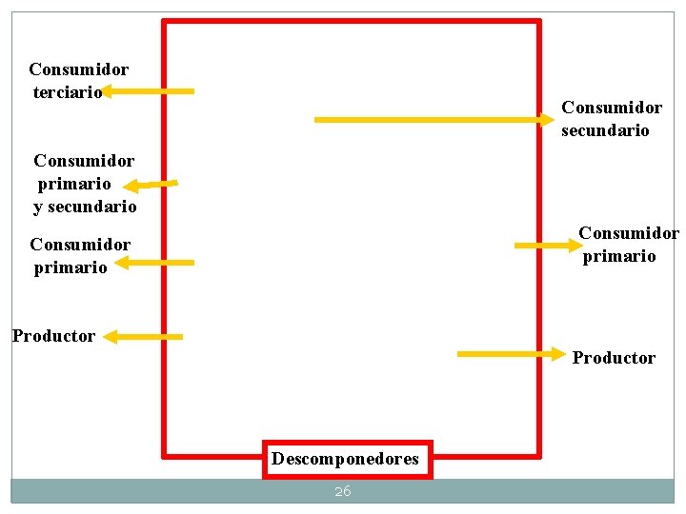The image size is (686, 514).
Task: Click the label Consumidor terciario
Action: (x=78, y=81)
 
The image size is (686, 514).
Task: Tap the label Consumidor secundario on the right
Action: (x=611, y=119)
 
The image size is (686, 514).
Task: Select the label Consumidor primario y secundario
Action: (x=85, y=184)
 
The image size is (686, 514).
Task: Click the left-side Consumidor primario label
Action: (x=80, y=256)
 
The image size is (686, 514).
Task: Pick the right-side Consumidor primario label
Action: (x=628, y=245)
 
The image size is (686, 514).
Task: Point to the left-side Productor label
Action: (x=53, y=336)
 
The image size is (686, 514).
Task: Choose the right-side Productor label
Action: (x=614, y=358)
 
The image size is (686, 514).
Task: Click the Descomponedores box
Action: (x=345, y=459)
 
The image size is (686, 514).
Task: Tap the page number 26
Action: (x=343, y=491)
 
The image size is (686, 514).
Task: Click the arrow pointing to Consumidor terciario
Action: (x=148, y=91)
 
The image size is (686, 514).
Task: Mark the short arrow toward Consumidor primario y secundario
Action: (x=151, y=184)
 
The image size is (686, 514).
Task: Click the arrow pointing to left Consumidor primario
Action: (x=153, y=262)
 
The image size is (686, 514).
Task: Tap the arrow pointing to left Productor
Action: (x=142, y=336)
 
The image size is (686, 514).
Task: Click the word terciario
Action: (x=67, y=92)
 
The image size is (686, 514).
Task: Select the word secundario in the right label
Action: (x=605, y=130)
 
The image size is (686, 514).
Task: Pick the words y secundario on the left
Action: (x=85, y=207)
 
